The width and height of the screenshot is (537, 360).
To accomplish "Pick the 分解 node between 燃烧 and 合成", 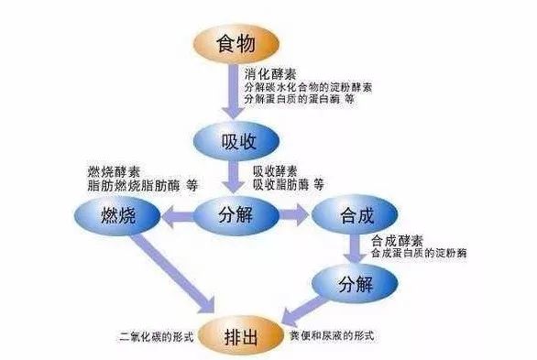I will [235, 216].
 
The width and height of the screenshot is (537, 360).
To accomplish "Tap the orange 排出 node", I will [240, 335].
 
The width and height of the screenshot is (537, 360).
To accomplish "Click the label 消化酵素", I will [271, 71].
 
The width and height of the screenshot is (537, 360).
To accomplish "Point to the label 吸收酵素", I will [275, 170].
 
